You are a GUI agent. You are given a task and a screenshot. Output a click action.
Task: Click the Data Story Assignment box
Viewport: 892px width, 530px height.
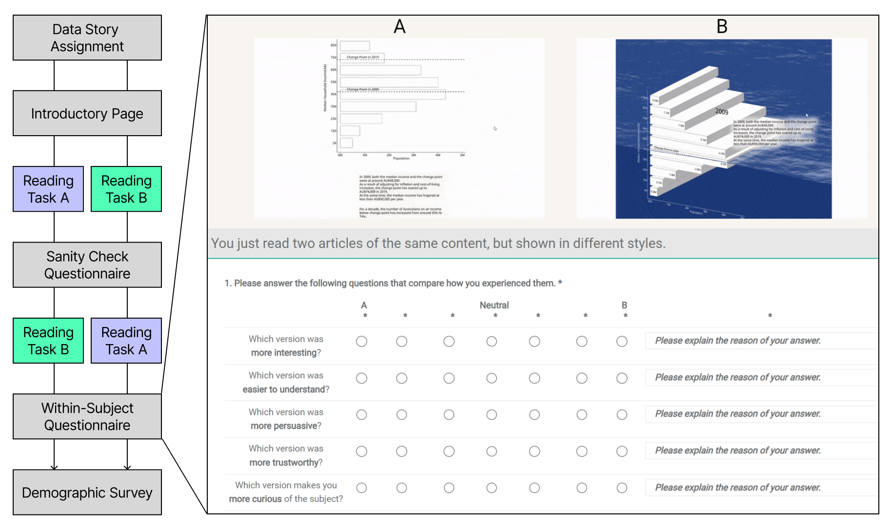(87, 38)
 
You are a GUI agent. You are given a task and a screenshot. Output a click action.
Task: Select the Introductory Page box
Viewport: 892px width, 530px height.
(87, 113)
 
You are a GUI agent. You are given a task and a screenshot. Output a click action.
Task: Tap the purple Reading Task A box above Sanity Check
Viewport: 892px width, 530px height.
(48, 189)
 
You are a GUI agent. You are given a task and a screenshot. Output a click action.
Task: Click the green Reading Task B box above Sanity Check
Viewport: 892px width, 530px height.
(126, 189)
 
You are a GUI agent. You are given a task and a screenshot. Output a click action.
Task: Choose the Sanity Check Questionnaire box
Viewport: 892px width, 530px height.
(87, 265)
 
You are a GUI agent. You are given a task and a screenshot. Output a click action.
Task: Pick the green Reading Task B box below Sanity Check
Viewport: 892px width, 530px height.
(48, 341)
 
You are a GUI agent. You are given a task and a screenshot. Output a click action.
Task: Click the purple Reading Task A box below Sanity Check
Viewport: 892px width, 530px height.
(126, 341)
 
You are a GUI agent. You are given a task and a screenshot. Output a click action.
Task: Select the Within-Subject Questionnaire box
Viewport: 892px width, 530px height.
(87, 416)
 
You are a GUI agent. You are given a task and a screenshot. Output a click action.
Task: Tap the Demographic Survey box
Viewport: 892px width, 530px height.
(87, 492)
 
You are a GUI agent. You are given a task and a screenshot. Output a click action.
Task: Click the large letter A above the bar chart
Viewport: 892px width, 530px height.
(399, 26)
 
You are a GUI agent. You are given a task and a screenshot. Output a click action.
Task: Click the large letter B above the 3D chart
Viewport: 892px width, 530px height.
(722, 26)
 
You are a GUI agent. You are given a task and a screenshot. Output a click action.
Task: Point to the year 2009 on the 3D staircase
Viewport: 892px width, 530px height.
(722, 111)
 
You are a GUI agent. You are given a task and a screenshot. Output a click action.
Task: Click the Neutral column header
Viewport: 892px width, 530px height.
(494, 305)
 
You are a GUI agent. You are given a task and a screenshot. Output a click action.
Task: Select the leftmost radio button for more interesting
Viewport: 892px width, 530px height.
(361, 342)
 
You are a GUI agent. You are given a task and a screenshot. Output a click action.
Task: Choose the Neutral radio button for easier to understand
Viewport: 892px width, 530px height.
(492, 378)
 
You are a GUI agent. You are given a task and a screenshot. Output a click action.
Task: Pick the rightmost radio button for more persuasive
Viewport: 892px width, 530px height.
(622, 415)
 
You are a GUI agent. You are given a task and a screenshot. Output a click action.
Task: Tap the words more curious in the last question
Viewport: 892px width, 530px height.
(256, 499)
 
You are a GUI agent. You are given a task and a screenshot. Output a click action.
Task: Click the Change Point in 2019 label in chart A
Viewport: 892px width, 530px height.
(362, 57)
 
